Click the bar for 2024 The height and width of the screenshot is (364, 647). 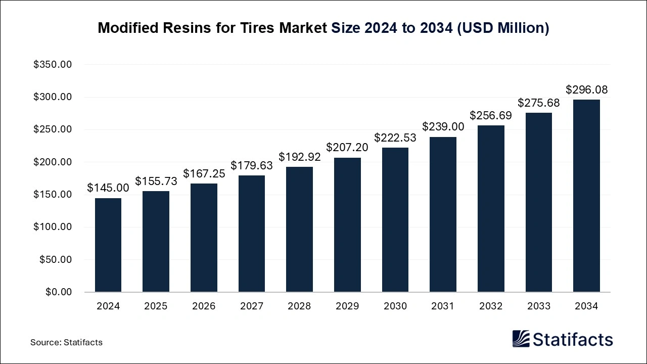pos(108,245)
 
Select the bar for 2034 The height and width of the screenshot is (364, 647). pos(586,196)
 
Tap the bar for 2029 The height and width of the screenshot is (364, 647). pos(347,225)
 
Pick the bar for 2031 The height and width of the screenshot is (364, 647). pos(443,214)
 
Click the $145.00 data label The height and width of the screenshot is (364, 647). pos(108,188)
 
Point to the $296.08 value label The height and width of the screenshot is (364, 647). pos(586,90)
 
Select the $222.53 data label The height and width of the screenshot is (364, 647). pos(395,138)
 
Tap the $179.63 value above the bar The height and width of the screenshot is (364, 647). pos(252,165)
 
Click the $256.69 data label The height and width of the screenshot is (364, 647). pos(491,115)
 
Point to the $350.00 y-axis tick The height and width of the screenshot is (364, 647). pos(53,65)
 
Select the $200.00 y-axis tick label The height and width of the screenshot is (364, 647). pos(53,162)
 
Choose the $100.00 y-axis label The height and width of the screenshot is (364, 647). pos(53,227)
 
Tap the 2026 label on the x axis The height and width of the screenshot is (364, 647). pos(204,306)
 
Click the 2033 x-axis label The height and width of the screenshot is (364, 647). pos(538,306)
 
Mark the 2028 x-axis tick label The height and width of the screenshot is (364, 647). pos(299,306)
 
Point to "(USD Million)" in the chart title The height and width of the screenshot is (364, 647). pos(503,28)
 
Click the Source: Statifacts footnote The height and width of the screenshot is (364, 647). pos(66,342)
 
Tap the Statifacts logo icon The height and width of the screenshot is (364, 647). pos(521,339)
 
